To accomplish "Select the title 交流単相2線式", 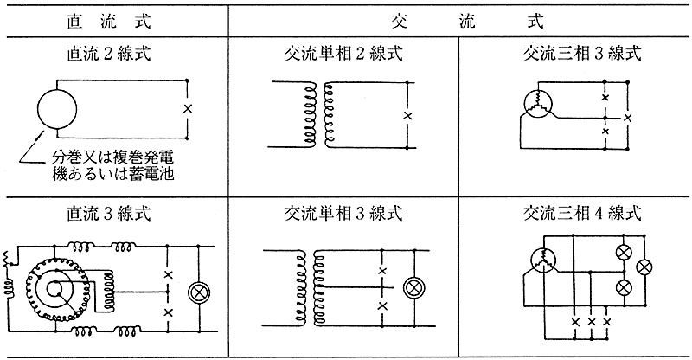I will [x=343, y=54].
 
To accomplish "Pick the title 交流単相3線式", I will [x=343, y=212].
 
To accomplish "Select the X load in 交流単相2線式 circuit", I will [x=408, y=115].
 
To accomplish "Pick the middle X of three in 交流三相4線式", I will [x=591, y=322].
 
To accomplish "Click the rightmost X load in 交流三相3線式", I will [x=627, y=115].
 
